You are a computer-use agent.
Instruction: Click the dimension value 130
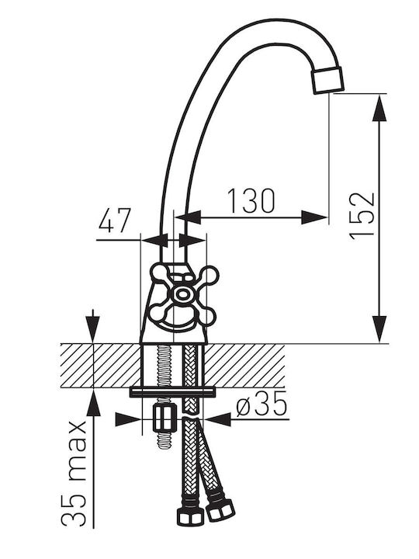click(251, 201)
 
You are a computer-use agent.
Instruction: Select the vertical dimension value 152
click(362, 216)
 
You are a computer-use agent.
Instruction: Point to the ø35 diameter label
click(261, 404)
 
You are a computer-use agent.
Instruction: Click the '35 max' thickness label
click(74, 474)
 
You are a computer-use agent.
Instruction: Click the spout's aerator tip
click(327, 80)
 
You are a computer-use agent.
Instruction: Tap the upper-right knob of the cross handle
click(209, 276)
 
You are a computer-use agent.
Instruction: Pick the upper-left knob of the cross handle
click(161, 273)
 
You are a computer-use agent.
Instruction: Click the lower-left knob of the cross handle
click(158, 313)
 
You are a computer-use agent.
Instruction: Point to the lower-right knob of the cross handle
click(206, 315)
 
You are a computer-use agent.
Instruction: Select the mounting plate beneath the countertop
click(173, 392)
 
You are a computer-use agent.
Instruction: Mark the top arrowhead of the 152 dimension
click(379, 109)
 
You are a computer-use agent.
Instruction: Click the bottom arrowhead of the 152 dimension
click(379, 328)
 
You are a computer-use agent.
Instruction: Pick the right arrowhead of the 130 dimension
click(314, 217)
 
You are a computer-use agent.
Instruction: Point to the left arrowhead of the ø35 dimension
click(128, 419)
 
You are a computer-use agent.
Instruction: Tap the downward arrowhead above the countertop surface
click(93, 329)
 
